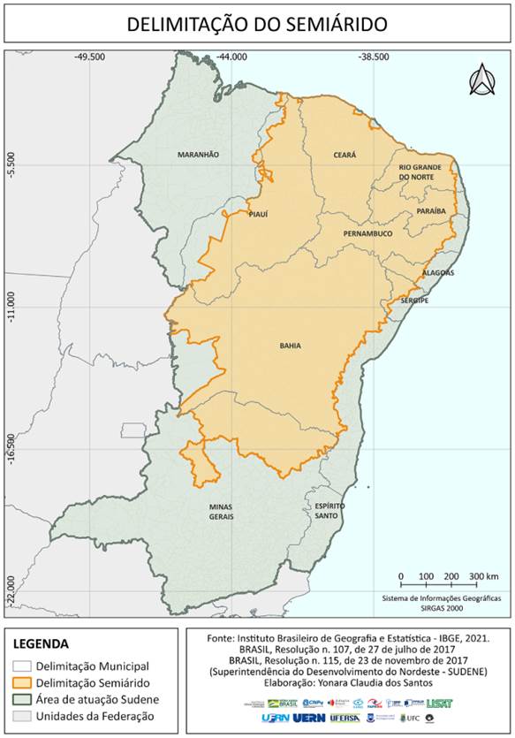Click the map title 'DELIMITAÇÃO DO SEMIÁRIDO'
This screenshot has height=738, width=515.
[x=256, y=24]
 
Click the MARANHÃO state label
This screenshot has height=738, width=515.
[x=198, y=154]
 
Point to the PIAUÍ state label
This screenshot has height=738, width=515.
[x=258, y=214]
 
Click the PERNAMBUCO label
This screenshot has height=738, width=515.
[x=368, y=233]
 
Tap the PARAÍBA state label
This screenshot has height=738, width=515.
[x=431, y=212]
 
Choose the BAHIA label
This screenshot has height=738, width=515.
[x=291, y=346]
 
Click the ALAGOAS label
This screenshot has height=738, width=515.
[x=438, y=273]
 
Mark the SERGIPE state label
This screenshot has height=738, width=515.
[x=414, y=301]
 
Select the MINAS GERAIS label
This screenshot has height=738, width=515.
[x=221, y=512]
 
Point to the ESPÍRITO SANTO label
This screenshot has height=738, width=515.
[x=329, y=510]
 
